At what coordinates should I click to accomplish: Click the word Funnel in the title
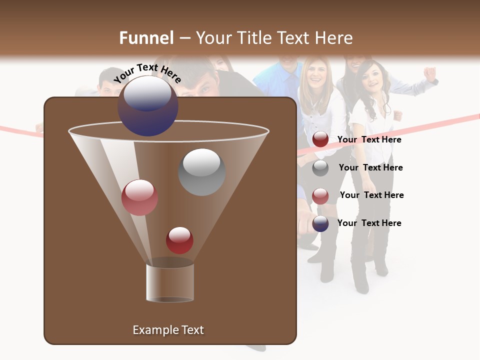click(146, 38)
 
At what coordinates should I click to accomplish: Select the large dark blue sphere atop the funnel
click(148, 105)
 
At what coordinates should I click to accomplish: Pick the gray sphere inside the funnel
click(201, 172)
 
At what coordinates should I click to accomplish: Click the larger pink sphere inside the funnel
click(140, 197)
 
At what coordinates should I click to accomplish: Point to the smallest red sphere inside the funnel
click(180, 240)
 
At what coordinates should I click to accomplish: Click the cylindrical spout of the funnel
click(170, 282)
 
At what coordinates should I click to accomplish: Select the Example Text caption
click(168, 330)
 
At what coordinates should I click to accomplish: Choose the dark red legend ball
click(320, 139)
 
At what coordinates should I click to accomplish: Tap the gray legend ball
click(320, 168)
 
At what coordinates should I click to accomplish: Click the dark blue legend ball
click(320, 223)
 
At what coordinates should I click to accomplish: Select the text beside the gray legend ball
click(370, 168)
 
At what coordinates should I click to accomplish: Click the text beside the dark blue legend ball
click(369, 223)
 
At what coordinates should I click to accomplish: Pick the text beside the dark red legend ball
click(369, 140)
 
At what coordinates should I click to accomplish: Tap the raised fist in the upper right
click(429, 73)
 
